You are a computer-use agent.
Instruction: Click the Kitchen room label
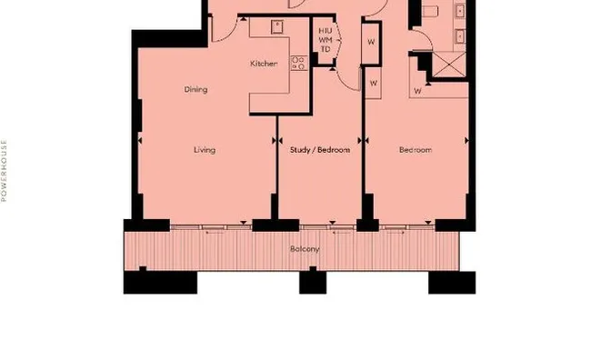click(263, 65)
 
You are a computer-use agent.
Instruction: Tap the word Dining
click(195, 90)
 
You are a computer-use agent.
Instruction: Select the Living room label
click(204, 150)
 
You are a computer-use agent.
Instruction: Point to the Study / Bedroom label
click(319, 150)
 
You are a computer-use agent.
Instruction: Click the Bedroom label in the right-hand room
click(416, 150)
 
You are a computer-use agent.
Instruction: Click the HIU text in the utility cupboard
click(326, 31)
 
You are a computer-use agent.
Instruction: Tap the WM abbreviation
click(326, 40)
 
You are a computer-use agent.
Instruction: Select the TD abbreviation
click(326, 49)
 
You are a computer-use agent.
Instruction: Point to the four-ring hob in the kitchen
click(297, 63)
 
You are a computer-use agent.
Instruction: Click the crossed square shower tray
click(446, 66)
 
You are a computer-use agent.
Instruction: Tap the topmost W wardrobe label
click(371, 42)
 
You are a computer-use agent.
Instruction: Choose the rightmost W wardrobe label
click(417, 91)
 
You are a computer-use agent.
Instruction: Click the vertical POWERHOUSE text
click(5, 170)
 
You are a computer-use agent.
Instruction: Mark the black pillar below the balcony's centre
click(312, 282)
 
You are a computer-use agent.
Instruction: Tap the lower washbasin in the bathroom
click(460, 36)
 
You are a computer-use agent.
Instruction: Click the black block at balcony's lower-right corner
click(451, 282)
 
